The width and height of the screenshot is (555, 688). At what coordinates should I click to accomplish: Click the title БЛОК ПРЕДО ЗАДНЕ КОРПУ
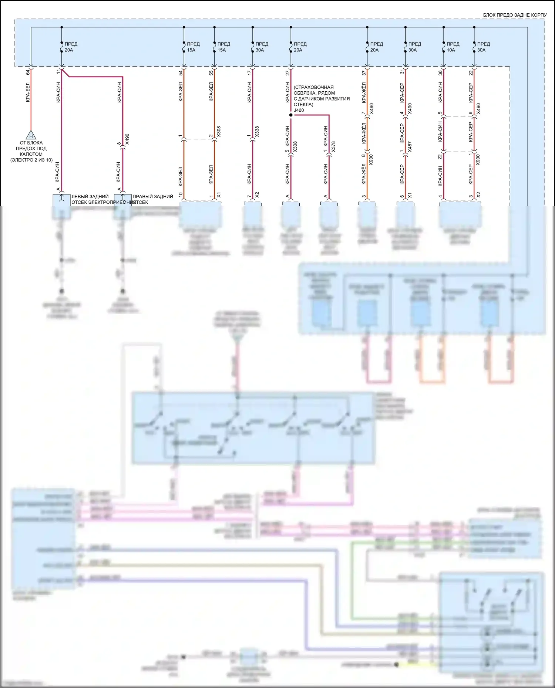pos(515,15)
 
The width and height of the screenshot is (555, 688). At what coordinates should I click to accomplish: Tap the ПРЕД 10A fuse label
pos(453,47)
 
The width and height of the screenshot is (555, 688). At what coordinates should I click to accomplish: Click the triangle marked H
pos(31,135)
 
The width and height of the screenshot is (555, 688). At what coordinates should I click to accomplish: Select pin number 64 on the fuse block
pos(28,72)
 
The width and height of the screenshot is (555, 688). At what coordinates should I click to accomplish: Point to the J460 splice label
pos(299,110)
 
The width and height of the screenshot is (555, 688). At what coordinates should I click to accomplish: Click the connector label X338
pos(257,132)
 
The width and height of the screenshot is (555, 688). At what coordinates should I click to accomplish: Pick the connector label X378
pos(333,147)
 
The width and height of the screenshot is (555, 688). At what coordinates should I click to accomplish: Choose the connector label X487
pos(410,147)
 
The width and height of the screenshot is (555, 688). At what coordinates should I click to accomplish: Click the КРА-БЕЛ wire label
pos(28,92)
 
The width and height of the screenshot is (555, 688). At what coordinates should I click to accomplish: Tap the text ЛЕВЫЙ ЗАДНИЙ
pos(90,197)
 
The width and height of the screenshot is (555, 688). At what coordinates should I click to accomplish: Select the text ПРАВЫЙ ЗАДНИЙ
pos(153,197)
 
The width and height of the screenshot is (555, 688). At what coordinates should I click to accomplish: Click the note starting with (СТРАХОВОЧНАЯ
pos(321,96)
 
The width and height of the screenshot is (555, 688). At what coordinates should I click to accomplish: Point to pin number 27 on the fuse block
pos(287,73)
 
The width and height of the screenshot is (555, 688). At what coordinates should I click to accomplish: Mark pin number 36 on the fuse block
pos(440,73)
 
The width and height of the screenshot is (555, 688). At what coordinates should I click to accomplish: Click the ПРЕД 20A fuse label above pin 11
pos(71,47)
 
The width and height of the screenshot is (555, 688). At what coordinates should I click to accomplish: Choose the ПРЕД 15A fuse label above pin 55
pos(223,47)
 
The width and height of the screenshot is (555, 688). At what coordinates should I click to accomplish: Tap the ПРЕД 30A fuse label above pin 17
pos(262,47)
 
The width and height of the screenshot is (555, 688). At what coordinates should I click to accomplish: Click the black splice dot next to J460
pos(291,115)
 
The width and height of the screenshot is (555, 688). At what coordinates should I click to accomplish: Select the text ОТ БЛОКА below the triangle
pos(31,143)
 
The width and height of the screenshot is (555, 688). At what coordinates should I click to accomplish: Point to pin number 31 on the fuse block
pos(402,72)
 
